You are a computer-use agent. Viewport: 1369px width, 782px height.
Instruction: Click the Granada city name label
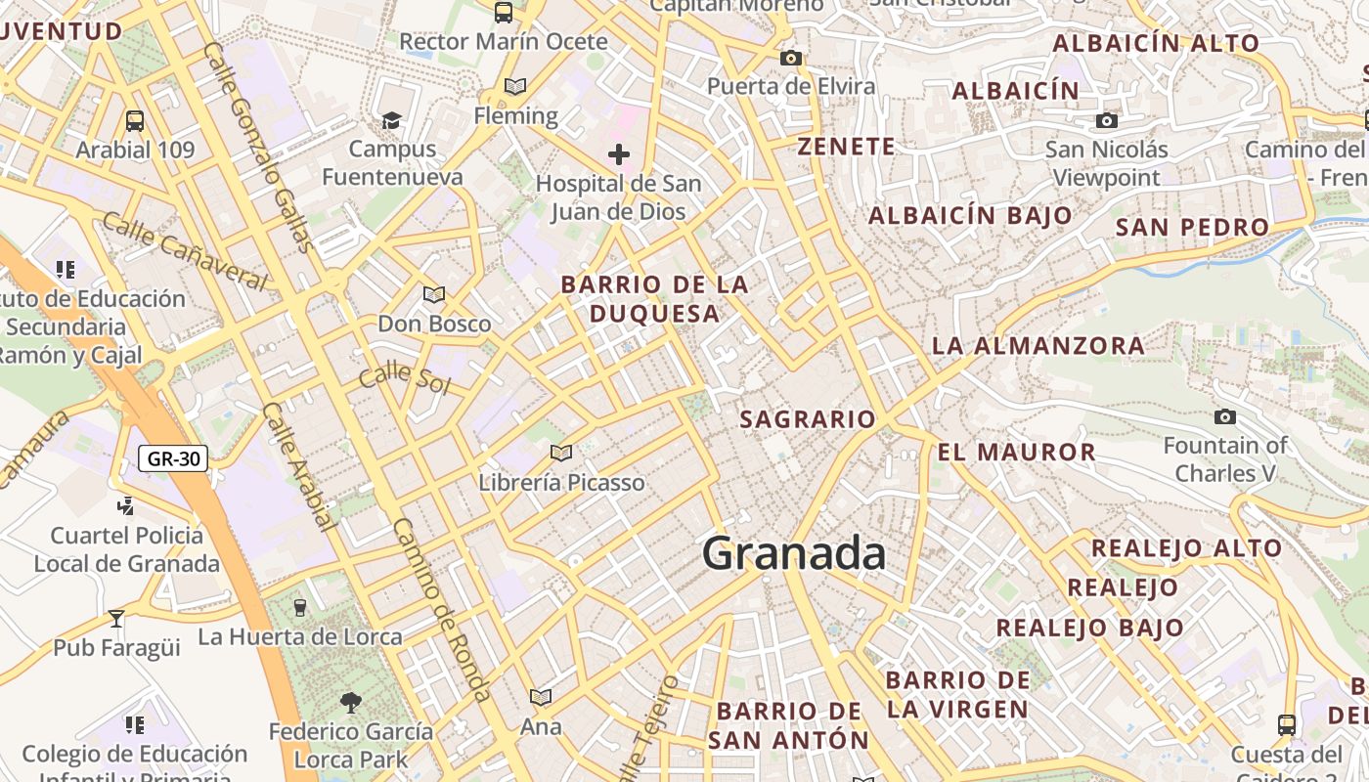794,553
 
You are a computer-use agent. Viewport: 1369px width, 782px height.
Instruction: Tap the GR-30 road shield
173,457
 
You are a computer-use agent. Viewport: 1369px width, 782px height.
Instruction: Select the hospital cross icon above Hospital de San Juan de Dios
618,153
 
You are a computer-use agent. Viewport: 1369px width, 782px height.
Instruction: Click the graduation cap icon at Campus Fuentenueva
391,120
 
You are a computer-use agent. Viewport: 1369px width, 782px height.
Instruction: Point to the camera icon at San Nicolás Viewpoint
1107,120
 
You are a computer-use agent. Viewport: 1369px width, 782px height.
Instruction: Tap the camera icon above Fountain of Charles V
1225,417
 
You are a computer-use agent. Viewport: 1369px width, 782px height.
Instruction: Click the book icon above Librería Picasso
560,453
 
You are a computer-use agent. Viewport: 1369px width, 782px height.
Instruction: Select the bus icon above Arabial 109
135,121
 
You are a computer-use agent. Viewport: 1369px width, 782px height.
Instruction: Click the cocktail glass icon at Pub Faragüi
116,618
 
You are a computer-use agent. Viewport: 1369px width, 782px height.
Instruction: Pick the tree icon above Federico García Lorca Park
350,701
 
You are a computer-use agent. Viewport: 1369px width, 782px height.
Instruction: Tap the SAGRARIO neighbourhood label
808,419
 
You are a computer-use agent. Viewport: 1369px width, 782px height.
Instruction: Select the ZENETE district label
847,147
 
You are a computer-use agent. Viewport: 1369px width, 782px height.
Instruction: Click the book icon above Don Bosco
434,294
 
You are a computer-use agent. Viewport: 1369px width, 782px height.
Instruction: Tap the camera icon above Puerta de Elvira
791,58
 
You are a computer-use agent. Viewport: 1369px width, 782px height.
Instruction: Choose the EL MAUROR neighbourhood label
1017,452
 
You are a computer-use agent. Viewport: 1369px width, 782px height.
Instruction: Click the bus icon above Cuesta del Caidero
1287,724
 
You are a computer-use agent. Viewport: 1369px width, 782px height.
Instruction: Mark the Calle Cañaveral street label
184,251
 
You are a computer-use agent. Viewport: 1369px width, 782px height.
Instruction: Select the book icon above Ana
541,697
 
